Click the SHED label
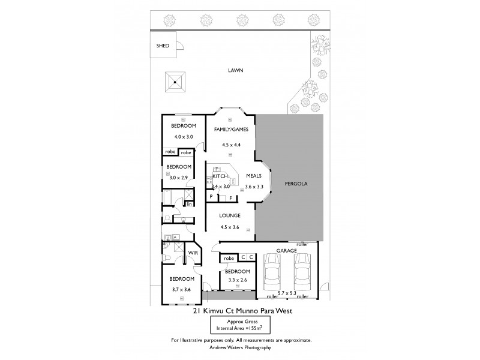coord(163,46)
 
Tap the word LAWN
coord(236,70)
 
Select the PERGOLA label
coord(296,184)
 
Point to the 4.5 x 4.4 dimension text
coord(231,144)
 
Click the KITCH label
coord(220,176)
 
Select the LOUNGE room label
coord(230,215)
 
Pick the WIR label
coord(193,254)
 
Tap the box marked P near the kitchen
coord(212,197)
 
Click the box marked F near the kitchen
coord(230,197)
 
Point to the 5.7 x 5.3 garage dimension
coord(286,293)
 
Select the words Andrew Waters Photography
coord(240,347)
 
